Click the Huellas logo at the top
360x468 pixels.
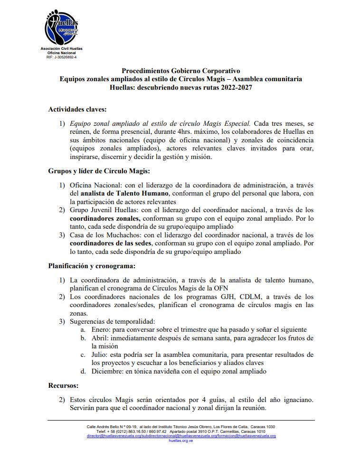(x=61, y=28)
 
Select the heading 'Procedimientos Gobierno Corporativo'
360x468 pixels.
(x=180, y=71)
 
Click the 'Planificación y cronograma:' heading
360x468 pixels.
(x=92, y=266)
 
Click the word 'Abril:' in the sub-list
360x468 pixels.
(x=100, y=338)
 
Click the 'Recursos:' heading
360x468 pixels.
(x=63, y=385)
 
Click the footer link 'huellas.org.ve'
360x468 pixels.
(x=180, y=440)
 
